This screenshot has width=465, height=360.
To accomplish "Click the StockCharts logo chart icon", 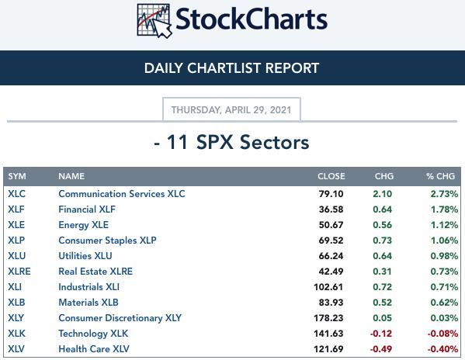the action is [x=154, y=21].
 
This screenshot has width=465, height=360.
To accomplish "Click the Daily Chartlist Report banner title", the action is [x=231, y=68].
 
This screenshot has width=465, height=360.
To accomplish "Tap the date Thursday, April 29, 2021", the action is [x=231, y=110].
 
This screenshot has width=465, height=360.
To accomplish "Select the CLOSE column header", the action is [x=331, y=176].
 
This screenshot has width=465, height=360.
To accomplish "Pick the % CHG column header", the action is [x=440, y=176].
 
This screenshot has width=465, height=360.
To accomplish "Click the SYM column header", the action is [x=17, y=176].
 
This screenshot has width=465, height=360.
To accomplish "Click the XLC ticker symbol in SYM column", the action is [x=16, y=194].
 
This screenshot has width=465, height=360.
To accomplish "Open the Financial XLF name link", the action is [x=87, y=209].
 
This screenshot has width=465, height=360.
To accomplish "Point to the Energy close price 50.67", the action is [x=331, y=225].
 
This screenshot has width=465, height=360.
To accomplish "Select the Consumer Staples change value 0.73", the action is [x=382, y=241].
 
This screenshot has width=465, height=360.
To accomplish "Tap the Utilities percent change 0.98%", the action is [x=444, y=256].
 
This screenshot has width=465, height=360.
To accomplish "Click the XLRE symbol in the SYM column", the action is [x=19, y=272].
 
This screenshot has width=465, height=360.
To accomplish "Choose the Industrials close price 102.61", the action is [x=328, y=287].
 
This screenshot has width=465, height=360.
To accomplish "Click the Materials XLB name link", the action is [x=88, y=303].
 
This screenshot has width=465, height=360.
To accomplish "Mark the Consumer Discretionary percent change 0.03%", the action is [x=444, y=318].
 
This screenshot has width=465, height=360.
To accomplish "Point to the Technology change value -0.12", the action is [x=381, y=334].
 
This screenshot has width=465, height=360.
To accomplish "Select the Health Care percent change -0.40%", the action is [x=442, y=349].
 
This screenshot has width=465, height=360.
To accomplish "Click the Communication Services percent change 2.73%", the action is [x=444, y=194].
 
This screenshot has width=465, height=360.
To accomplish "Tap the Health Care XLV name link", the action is [x=94, y=349].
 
